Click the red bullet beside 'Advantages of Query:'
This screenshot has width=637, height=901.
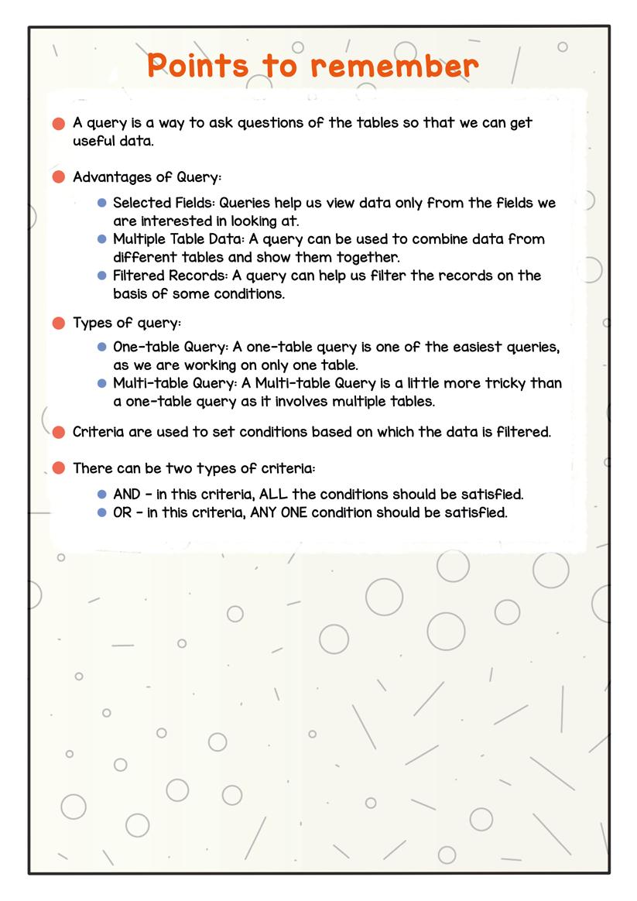click(x=58, y=177)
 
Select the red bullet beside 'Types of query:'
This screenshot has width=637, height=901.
click(x=58, y=323)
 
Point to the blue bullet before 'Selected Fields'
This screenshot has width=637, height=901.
click(x=101, y=203)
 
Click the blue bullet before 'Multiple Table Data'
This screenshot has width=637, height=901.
click(x=101, y=239)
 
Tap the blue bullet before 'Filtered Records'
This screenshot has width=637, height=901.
click(x=101, y=276)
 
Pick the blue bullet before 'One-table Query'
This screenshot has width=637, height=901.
click(x=101, y=347)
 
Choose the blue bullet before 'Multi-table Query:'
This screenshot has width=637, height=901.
click(x=101, y=383)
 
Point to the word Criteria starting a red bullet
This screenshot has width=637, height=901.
click(x=97, y=432)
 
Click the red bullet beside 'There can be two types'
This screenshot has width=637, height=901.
click(x=58, y=468)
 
